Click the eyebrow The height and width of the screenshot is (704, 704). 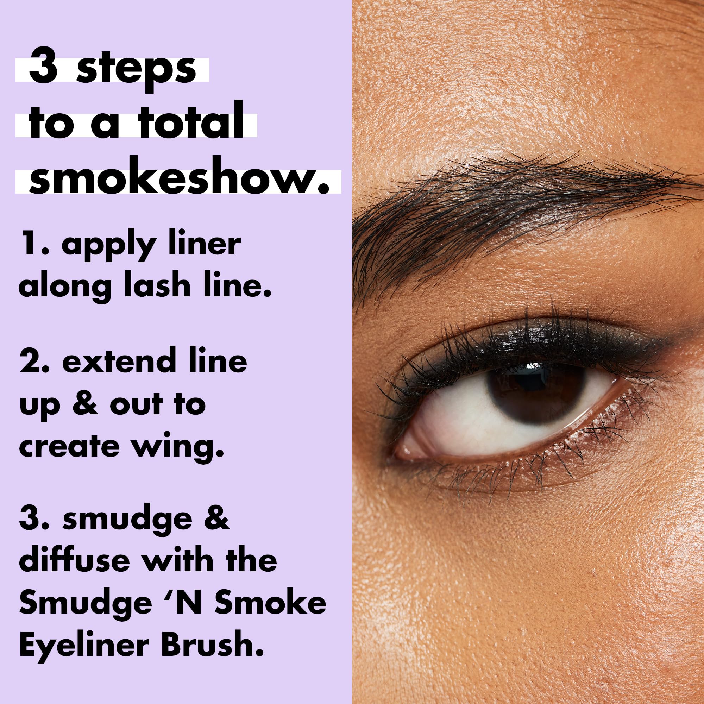click(x=510, y=204)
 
